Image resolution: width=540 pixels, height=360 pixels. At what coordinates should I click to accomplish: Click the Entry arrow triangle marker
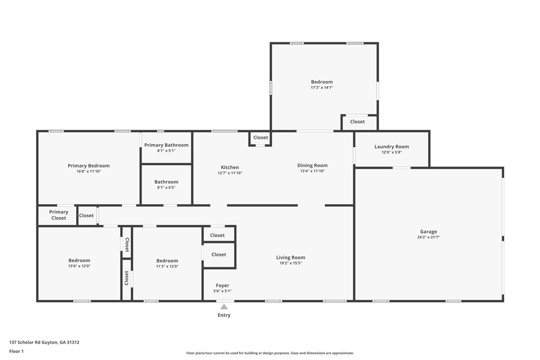coord(224,307)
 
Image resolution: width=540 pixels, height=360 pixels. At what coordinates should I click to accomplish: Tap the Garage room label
coord(428,232)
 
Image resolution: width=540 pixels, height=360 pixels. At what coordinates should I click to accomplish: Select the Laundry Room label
coord(391,147)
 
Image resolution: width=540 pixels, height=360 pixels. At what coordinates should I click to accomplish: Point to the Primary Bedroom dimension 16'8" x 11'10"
coord(89,172)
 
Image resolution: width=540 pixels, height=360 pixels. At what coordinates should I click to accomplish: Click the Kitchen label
coord(230,168)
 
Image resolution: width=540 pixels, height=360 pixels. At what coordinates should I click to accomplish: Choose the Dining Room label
coord(312,166)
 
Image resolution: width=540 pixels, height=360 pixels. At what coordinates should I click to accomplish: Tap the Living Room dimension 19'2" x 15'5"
coord(290,263)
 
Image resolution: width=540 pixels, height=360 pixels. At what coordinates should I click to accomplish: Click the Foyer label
coord(222,285)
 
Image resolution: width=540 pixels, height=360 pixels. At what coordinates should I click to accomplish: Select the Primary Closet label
coord(59,215)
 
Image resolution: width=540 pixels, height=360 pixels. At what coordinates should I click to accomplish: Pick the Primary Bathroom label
coord(166,145)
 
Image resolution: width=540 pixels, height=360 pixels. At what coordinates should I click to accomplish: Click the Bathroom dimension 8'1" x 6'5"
coord(166,187)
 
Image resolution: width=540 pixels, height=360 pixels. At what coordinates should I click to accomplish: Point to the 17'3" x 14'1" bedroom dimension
coord(322,88)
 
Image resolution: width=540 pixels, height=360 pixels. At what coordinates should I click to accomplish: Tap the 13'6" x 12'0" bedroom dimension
coord(79,266)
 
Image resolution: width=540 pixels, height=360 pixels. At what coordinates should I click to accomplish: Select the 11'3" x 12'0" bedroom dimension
coord(167,266)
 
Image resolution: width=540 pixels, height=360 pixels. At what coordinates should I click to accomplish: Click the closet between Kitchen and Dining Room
coord(261,138)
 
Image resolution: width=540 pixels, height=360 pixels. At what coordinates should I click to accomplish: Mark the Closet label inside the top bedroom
coord(357,122)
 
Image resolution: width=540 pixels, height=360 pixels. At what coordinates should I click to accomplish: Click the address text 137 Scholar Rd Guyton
coord(44,342)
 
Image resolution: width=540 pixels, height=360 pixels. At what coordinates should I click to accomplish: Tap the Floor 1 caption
coord(16,351)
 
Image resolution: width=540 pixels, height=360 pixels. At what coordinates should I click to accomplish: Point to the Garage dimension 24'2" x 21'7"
coord(428,237)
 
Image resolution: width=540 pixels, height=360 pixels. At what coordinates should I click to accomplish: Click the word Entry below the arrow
coord(224,315)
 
